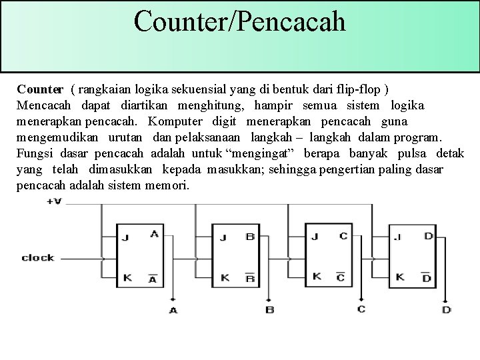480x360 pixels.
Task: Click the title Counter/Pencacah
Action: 240,21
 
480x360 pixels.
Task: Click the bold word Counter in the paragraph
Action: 41,89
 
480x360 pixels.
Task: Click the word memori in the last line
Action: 167,186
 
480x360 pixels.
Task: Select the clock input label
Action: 38,257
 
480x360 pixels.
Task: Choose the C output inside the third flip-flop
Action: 343,235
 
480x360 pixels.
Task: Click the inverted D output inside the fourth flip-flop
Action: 427,276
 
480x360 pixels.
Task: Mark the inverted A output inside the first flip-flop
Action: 154,277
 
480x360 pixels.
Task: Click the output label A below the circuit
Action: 173,310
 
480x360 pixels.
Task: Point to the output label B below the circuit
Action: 269,310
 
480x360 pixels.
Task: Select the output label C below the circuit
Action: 361,308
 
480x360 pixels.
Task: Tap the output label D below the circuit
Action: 446,309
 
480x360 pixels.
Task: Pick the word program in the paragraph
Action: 417,138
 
